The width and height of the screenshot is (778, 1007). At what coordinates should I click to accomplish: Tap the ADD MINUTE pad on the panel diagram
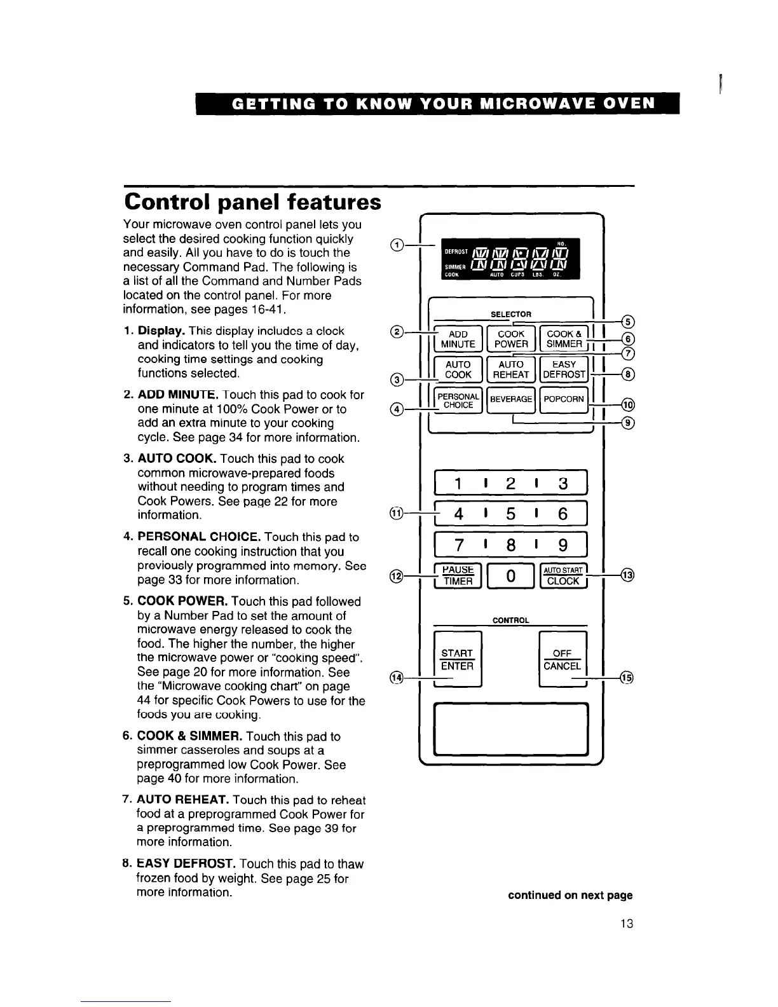[x=458, y=339]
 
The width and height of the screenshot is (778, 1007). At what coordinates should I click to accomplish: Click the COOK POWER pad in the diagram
[x=511, y=339]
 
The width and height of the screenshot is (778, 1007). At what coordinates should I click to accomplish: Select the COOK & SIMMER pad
[x=564, y=339]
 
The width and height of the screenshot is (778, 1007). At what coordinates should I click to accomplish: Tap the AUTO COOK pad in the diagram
[x=458, y=369]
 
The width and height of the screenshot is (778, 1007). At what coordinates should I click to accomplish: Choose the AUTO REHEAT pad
[x=511, y=369]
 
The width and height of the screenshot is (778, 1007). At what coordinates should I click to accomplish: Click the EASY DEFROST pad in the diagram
[x=564, y=369]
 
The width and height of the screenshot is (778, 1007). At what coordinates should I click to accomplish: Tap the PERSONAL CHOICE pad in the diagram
[x=457, y=401]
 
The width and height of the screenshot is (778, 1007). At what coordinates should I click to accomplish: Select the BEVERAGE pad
[x=511, y=399]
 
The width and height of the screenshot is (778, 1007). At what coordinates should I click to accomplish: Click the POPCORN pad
[x=564, y=399]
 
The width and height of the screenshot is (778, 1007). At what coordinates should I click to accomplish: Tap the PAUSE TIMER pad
[x=458, y=576]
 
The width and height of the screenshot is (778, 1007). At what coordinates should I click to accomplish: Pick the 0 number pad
[x=511, y=577]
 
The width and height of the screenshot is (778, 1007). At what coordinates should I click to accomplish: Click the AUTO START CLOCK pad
[x=563, y=576]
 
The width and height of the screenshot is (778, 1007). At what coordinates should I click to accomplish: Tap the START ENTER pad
[x=457, y=660]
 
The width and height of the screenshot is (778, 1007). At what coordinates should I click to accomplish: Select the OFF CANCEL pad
[x=563, y=660]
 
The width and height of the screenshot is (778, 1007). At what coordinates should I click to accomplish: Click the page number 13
[x=627, y=924]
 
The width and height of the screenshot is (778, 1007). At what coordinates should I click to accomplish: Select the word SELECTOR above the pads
[x=510, y=314]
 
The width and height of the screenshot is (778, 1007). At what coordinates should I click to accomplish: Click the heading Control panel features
[x=252, y=202]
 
